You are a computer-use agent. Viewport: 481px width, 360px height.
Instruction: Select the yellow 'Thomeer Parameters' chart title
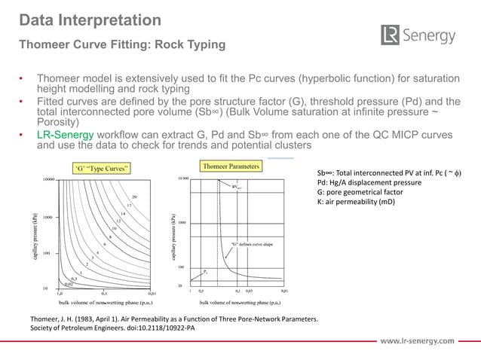[x=230, y=165]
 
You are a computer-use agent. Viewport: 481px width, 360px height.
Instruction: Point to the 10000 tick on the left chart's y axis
[x=47, y=180]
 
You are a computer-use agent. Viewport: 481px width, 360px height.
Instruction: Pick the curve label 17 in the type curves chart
[x=129, y=205]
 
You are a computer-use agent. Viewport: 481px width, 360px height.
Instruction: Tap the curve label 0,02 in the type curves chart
[x=69, y=284]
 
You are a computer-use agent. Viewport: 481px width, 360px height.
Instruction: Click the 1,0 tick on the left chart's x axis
[x=59, y=294]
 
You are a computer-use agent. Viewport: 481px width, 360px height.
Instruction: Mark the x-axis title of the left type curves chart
[x=103, y=303]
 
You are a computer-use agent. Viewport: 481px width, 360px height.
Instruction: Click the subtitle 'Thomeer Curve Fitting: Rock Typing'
[x=121, y=44]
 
